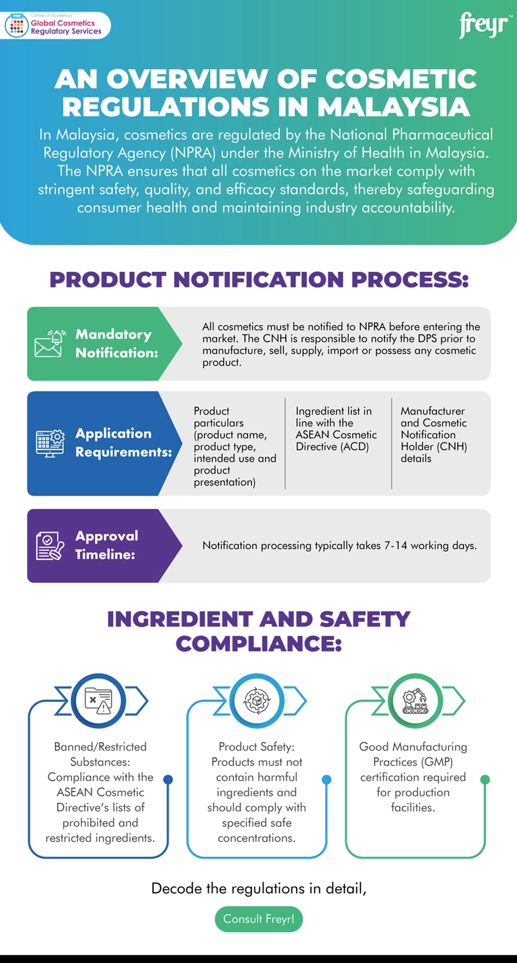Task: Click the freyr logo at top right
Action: [x=483, y=26]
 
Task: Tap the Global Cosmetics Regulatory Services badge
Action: [x=57, y=26]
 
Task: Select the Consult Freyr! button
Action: [x=258, y=919]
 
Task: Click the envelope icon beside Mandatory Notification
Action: [x=50, y=344]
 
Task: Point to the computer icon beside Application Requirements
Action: [x=50, y=443]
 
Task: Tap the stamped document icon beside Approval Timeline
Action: [x=50, y=546]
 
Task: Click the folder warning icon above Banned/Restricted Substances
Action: [x=98, y=700]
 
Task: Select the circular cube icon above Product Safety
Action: [x=257, y=700]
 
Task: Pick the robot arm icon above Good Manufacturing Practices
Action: [x=416, y=700]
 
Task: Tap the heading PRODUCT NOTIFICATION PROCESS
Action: [x=258, y=280]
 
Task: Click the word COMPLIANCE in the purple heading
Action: [x=258, y=643]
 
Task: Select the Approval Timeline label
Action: [x=107, y=545]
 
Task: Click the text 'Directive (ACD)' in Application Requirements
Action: [x=332, y=446]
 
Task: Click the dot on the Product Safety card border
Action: [x=326, y=780]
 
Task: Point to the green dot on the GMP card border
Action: [x=485, y=780]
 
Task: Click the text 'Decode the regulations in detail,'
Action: [x=258, y=888]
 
